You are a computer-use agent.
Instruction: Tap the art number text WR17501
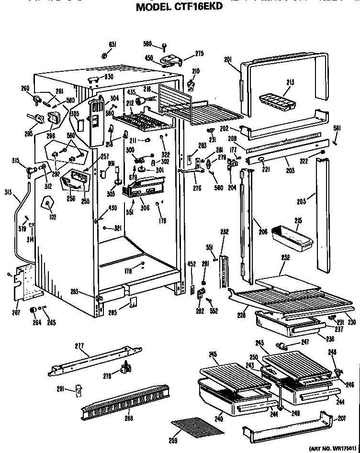(344, 448)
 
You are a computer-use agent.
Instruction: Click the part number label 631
(112, 45)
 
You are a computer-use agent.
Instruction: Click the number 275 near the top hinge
(200, 54)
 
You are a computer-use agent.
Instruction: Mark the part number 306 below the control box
(146, 207)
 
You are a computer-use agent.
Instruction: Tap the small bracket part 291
(79, 390)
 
